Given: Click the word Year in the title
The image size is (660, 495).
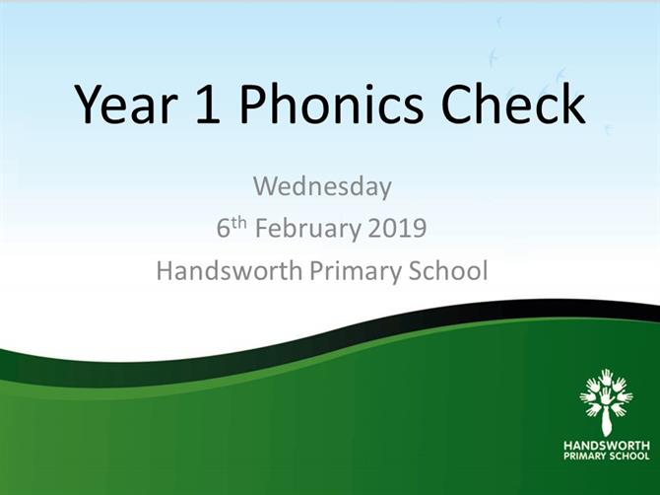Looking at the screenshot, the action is pyautogui.click(x=125, y=104).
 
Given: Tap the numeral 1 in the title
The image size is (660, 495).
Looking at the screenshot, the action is pyautogui.click(x=208, y=104).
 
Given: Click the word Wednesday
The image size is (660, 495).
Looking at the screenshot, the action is pyautogui.click(x=322, y=186).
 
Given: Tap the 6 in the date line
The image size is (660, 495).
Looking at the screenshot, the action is pyautogui.click(x=223, y=228).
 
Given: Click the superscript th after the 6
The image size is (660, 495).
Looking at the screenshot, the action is pyautogui.click(x=238, y=223).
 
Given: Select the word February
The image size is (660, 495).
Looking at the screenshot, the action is pyautogui.click(x=308, y=230).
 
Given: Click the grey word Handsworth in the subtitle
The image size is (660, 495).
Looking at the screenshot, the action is pyautogui.click(x=230, y=270).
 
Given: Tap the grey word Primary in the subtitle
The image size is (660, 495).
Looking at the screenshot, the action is pyautogui.click(x=356, y=272).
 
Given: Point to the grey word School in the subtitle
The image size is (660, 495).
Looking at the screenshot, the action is pyautogui.click(x=448, y=270).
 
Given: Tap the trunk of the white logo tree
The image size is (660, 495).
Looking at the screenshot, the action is pyautogui.click(x=606, y=421).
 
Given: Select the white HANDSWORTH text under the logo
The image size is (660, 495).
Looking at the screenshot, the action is pyautogui.click(x=607, y=446).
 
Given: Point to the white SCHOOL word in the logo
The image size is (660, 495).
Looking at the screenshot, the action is pyautogui.click(x=627, y=457).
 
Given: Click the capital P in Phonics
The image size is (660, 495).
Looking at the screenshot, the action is pyautogui.click(x=253, y=104).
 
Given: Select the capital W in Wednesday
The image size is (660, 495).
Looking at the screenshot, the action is pyautogui.click(x=264, y=185).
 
